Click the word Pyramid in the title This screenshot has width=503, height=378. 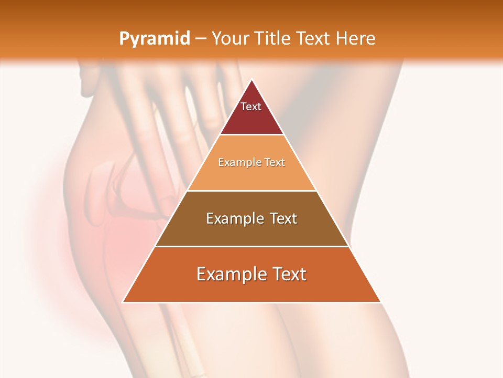point(154,39)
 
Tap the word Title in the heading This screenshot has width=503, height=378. point(275,38)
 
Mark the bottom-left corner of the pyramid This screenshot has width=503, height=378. point(123,302)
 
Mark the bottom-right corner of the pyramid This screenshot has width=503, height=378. point(381,302)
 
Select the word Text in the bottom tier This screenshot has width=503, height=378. point(289,274)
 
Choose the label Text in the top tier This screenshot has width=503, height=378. point(251,107)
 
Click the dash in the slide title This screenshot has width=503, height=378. point(200,39)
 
